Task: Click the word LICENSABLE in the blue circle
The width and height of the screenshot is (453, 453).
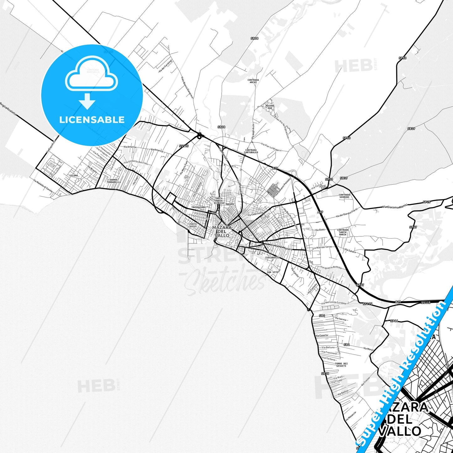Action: click(x=92, y=119)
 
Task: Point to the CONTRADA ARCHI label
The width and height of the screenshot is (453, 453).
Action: click(x=253, y=81)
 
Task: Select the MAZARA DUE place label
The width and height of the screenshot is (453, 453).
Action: click(x=270, y=107)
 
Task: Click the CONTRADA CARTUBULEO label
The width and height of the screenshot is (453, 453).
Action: click(x=251, y=151)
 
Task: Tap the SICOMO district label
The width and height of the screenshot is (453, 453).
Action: click(x=74, y=176)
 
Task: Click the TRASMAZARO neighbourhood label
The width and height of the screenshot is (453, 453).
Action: click(x=198, y=208)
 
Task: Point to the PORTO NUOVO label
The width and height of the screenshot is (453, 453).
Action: click(x=193, y=225)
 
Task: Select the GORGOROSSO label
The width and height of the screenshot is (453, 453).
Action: click(x=272, y=257)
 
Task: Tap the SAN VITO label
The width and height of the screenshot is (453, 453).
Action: click(x=272, y=272)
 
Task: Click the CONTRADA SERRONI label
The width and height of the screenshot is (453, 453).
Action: click(x=344, y=196)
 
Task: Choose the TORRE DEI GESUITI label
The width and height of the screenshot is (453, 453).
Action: click(x=341, y=365)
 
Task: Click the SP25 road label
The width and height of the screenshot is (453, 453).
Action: click(x=426, y=202)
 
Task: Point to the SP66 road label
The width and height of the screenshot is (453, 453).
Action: click(x=394, y=321)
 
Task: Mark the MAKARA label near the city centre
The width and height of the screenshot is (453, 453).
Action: click(x=230, y=204)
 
